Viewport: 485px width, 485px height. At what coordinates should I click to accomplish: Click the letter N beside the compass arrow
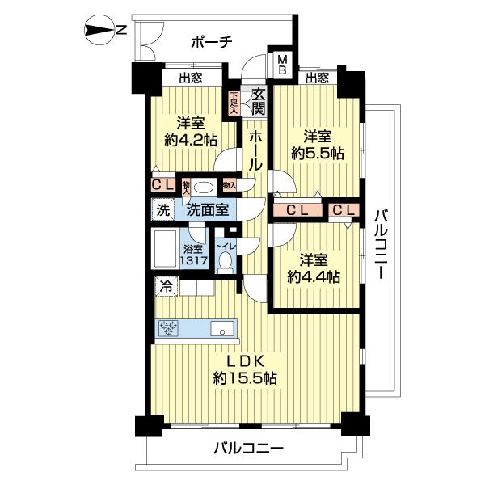(120, 32)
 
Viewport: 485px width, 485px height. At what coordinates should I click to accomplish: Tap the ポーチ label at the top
(213, 42)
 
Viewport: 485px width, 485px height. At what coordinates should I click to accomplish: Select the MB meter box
(284, 65)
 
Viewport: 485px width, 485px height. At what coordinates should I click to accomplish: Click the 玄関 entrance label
(258, 101)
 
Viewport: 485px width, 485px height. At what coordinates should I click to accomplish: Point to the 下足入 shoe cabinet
(234, 103)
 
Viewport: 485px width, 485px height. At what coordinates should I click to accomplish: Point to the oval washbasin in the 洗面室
(205, 185)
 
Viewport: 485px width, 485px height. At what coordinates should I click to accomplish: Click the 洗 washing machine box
(162, 209)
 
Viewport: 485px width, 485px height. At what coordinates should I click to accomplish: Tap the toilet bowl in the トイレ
(226, 261)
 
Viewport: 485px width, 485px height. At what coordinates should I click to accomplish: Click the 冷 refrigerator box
(165, 285)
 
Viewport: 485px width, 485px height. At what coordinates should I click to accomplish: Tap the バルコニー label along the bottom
(249, 447)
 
